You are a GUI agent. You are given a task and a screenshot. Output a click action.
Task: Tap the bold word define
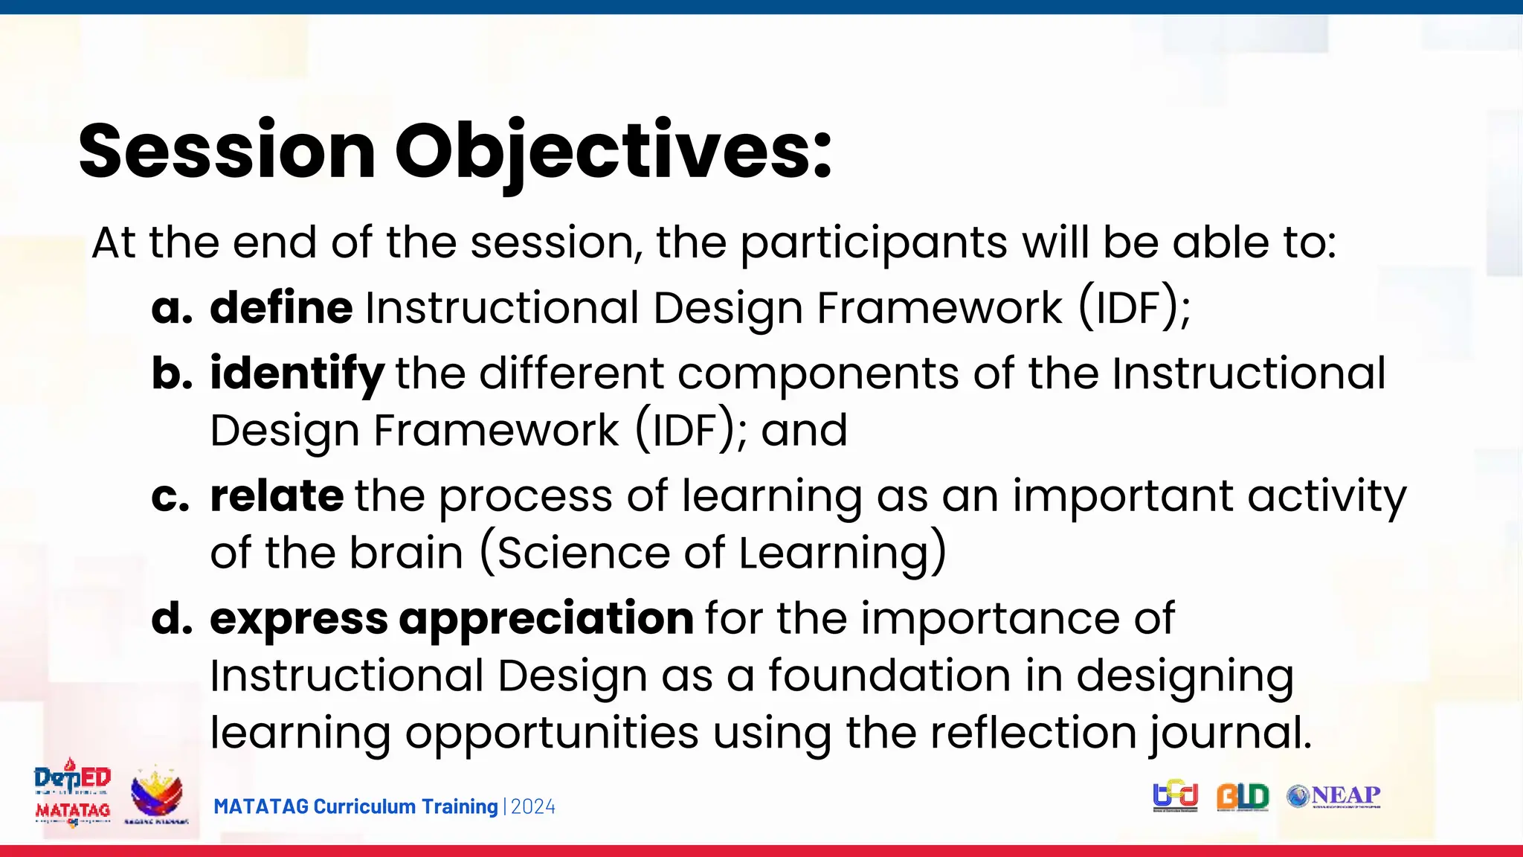coord(281,307)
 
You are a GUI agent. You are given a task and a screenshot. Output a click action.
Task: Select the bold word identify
coord(297,373)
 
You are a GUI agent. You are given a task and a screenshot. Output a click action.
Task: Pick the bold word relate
coord(277,495)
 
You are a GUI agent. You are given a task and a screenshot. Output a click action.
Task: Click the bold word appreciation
coord(547,618)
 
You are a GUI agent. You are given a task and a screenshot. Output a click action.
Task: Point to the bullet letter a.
coord(172,309)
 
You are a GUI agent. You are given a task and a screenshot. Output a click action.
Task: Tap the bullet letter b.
coord(172,373)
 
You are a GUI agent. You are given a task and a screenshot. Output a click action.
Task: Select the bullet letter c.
coord(170,497)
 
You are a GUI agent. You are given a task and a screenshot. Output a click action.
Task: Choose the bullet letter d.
coord(172,619)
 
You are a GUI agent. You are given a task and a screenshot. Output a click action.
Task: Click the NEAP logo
coord(1334,797)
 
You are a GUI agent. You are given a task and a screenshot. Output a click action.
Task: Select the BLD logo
coord(1242,797)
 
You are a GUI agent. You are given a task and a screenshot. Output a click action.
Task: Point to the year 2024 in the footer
coord(533,807)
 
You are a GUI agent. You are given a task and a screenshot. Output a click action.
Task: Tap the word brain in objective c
coord(407,553)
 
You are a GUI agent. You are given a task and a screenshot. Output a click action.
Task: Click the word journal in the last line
coord(1230,734)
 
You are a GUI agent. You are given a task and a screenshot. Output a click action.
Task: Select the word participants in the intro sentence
coord(874,243)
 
